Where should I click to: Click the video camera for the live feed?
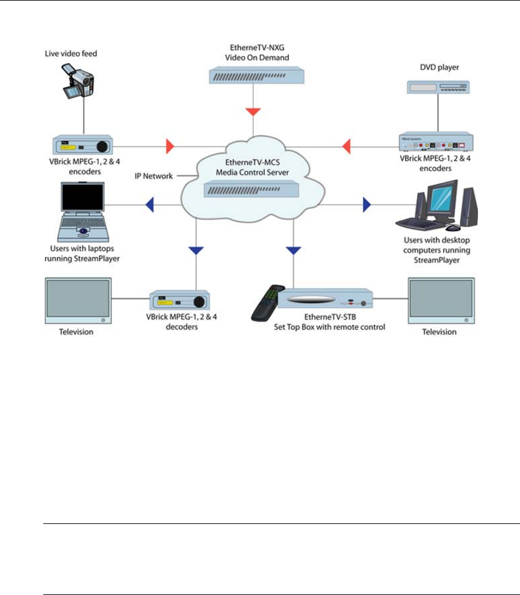pyautogui.click(x=79, y=82)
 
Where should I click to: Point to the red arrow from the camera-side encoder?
pyautogui.click(x=170, y=145)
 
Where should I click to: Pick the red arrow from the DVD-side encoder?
pyautogui.click(x=346, y=145)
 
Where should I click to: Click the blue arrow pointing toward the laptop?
pyautogui.click(x=150, y=205)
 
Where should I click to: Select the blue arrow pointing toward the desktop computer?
pyautogui.click(x=367, y=205)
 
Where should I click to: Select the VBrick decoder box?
pyautogui.click(x=179, y=300)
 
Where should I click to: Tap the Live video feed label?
pyautogui.click(x=71, y=54)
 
